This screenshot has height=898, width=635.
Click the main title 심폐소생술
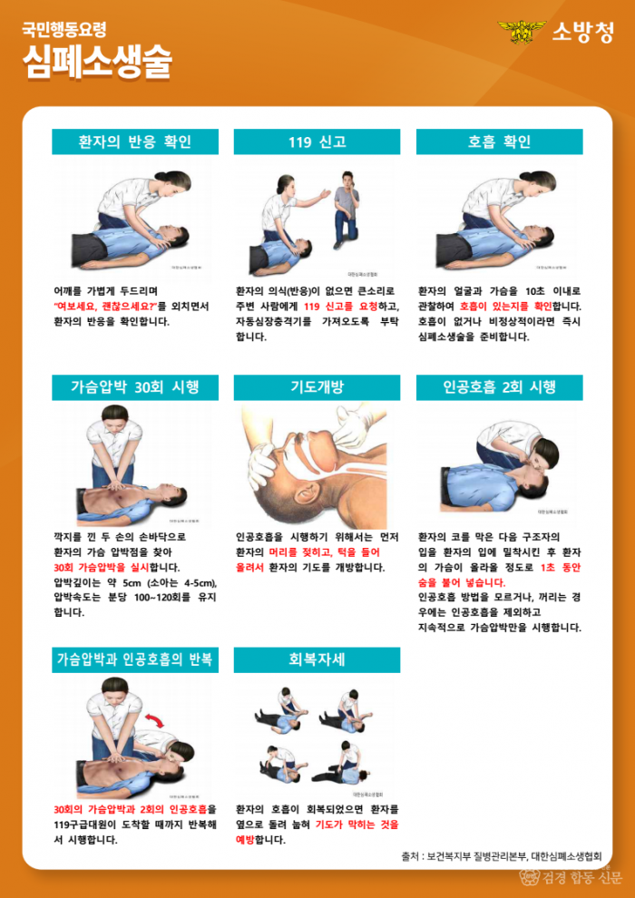[x=97, y=61]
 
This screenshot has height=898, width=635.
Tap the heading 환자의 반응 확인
[x=135, y=142]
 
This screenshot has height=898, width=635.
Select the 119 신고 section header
[x=317, y=142]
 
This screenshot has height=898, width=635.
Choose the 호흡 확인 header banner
[x=499, y=142]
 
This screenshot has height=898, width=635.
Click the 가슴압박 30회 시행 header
[x=135, y=387]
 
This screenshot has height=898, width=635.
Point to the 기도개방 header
[x=317, y=387]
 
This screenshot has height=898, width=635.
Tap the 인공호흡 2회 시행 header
[x=499, y=387]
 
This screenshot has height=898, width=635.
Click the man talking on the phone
[x=346, y=209]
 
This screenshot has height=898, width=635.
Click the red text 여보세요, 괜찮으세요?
[x=104, y=307]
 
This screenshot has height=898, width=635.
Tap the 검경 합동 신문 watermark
[x=571, y=877]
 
